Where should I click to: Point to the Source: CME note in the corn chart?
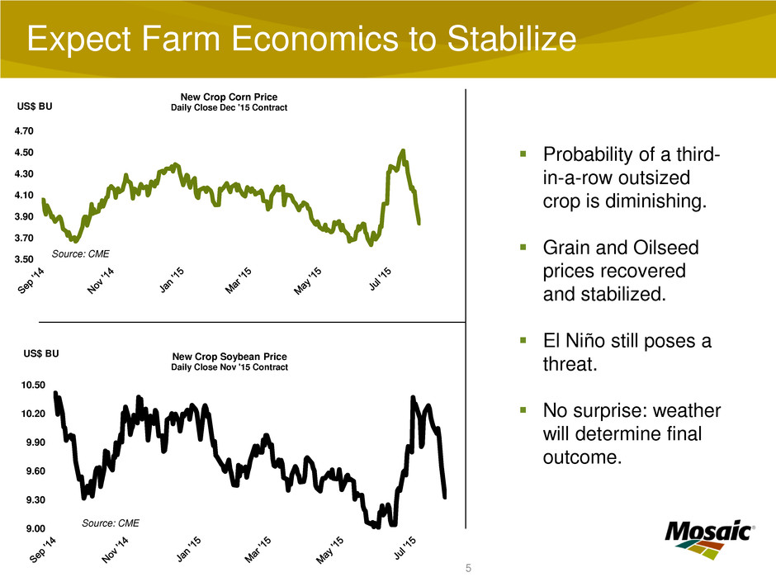point(80,253)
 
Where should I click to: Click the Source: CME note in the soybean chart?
point(111,523)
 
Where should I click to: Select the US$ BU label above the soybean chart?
point(41,353)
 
